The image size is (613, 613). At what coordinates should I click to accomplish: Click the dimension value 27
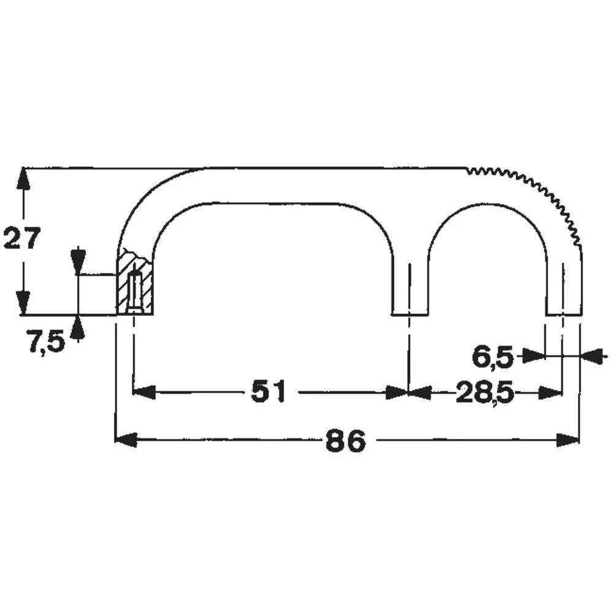pos(22,238)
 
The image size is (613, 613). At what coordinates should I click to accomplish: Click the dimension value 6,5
pos(492,357)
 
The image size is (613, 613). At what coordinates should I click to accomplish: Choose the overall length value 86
pos(345,440)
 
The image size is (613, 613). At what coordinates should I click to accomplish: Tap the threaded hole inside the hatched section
pos(134,291)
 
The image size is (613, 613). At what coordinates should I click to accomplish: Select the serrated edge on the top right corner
pos(539,190)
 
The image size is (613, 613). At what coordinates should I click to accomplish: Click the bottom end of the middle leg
pos(409,314)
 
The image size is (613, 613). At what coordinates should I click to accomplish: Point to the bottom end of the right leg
pos(563,314)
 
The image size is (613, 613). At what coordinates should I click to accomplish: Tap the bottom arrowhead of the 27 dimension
pos(23,304)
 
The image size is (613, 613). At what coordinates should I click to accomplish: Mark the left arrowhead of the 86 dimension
pos(126,440)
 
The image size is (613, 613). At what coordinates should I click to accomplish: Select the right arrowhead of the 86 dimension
pos(568,440)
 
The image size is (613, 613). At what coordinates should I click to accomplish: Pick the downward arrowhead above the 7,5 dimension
pos(77,261)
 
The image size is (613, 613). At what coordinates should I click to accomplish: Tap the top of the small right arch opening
pos(487,204)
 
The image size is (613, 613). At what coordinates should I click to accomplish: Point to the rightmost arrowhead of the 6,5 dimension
pos(592,356)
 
